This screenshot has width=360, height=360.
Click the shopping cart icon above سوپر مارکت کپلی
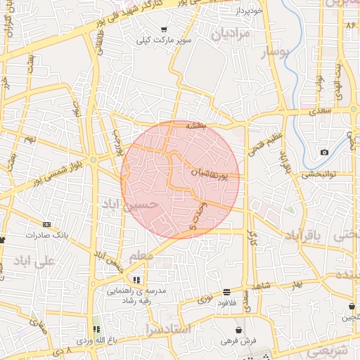coord(164,30)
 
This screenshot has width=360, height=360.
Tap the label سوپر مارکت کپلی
coord(165,41)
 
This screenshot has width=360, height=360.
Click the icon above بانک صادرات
coord(46,224)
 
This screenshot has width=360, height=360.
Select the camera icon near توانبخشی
coord(324,153)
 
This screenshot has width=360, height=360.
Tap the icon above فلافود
coord(226,292)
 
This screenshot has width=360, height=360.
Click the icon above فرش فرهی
coord(239,329)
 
